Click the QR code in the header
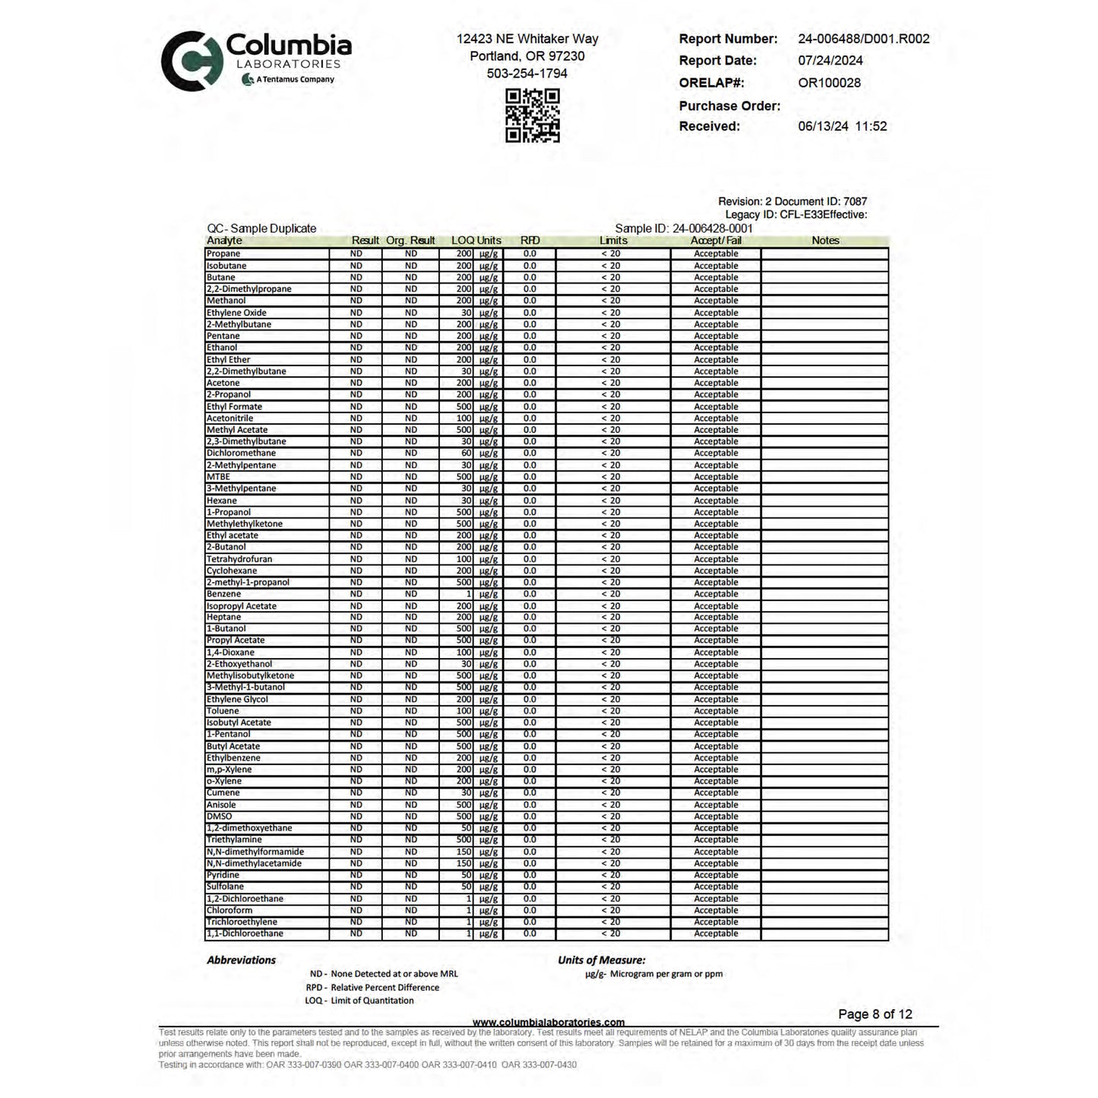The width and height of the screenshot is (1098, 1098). [x=533, y=115]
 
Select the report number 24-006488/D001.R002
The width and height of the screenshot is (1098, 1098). [x=863, y=39]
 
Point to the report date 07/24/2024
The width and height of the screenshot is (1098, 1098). [x=830, y=61]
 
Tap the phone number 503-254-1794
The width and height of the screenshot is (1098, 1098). [x=527, y=74]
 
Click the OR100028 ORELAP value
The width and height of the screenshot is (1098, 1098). [x=829, y=83]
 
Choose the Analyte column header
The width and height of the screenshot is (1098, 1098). [x=224, y=241]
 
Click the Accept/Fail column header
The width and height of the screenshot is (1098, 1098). [x=716, y=241]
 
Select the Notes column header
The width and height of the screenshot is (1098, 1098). [x=825, y=241]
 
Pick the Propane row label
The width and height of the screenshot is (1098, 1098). [x=223, y=254]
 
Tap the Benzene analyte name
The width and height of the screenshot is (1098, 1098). [x=223, y=594]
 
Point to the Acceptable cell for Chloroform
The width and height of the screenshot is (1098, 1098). [x=716, y=910]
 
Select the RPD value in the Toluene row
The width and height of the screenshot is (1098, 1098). [x=530, y=711]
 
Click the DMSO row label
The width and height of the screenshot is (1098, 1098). [x=220, y=816]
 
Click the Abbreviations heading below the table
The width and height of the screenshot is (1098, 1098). [x=241, y=960]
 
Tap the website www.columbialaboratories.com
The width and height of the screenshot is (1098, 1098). [x=549, y=1022]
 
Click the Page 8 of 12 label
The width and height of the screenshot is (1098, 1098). [x=875, y=1014]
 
